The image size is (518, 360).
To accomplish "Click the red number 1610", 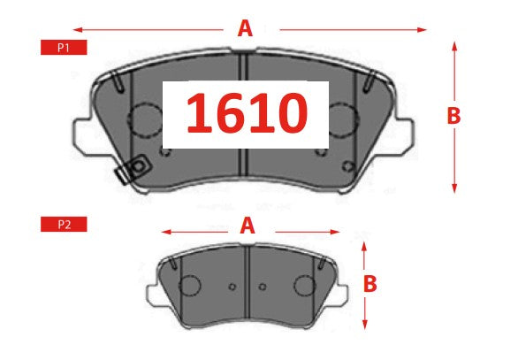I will pos(245,114).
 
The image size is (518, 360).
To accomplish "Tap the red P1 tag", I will pos(64,48).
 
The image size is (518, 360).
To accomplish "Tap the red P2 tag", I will pos(64,225).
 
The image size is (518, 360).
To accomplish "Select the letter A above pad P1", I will pos(245,28).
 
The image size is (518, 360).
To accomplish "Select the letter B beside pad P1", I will pos(453,115).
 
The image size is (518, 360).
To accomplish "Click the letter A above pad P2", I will pos(248,226).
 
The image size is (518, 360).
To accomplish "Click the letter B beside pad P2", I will pos(370,284).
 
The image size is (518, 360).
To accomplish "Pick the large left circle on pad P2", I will pos(189,286).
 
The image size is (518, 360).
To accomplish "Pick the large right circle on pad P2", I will pos(304,286).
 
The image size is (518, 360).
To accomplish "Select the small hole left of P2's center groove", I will pos(232,287).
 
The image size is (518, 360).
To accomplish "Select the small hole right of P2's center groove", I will pos(262,287).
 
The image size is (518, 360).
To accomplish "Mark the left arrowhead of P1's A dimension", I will pos(74,29).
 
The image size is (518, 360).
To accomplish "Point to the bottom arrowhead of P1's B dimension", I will pos(453,188).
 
